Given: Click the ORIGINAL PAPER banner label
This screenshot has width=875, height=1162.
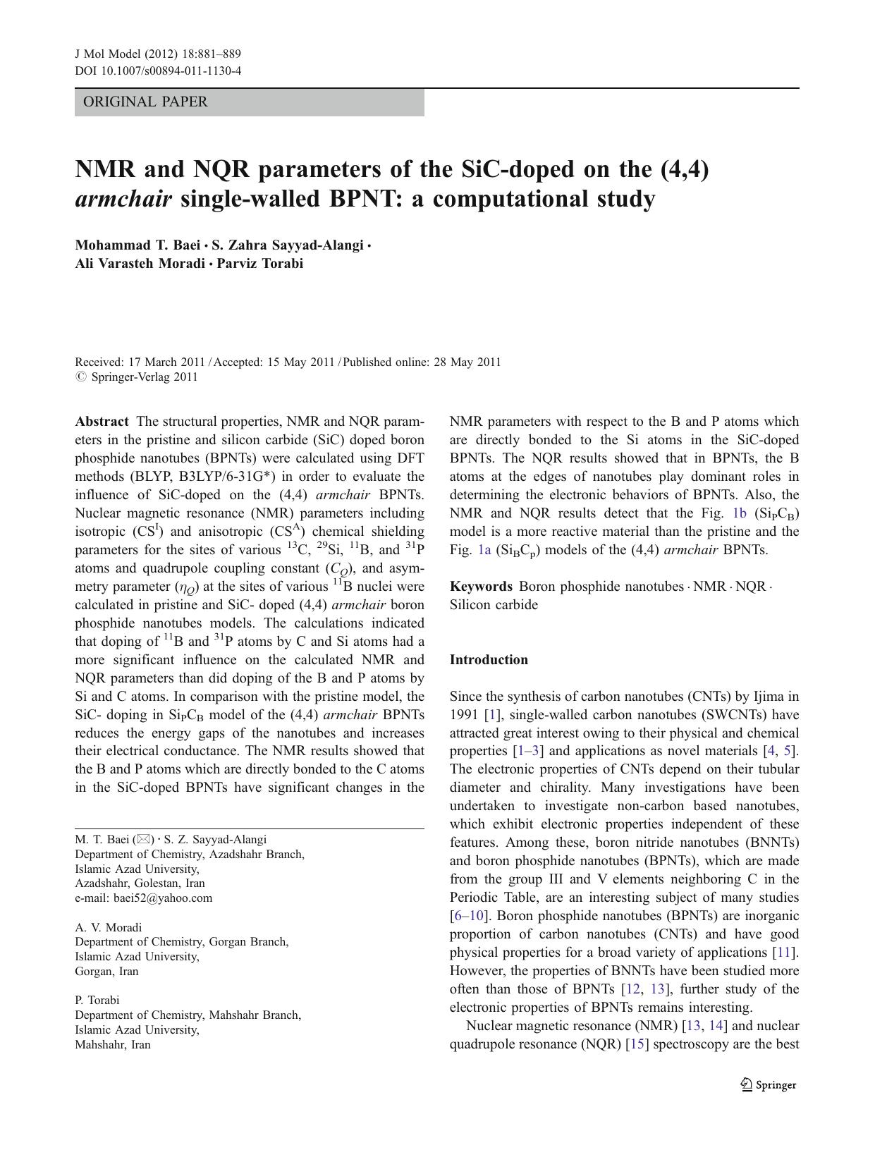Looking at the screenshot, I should (x=145, y=102).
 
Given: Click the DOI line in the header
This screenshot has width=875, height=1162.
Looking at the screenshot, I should (x=158, y=71).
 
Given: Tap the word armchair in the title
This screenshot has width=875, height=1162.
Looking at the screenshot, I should (x=123, y=200).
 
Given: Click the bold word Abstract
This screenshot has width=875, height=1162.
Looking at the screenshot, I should (x=102, y=422).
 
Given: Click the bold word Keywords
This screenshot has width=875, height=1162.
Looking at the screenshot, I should (x=481, y=587).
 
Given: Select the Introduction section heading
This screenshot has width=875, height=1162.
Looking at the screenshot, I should (x=489, y=660).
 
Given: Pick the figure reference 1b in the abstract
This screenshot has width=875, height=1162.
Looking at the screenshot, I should (x=739, y=513).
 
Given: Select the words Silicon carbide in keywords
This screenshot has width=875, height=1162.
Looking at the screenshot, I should (x=494, y=605).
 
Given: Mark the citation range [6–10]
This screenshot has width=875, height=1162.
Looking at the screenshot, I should (x=467, y=916).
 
